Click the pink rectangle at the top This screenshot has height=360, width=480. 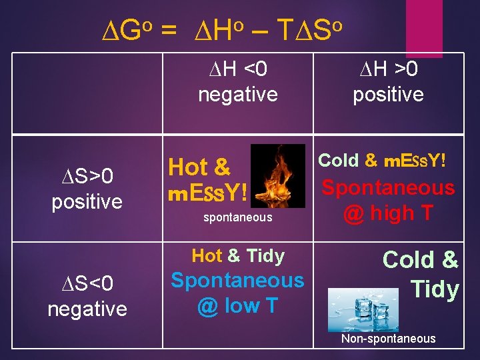pos(424,19)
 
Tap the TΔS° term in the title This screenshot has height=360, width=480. pos(310,29)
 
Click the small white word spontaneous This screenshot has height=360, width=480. pos(237,217)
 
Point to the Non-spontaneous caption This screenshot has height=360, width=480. pos(388,339)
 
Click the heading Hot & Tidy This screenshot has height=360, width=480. pos(237,256)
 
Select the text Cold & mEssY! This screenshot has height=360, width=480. pos(381,161)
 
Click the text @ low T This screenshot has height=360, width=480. pos(237,306)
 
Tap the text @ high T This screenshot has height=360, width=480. pos(388,213)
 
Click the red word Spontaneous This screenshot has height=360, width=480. pos(388,188)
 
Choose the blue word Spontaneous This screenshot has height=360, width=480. pos(237,281)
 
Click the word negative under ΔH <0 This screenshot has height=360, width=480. pos(237,95)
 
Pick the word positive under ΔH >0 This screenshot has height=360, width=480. pos(388,95)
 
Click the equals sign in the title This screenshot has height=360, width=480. pos(169,30)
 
